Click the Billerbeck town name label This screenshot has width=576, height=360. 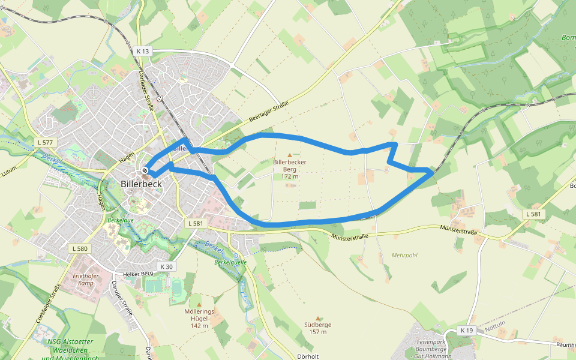(142, 184)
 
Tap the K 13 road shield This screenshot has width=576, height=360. (142, 52)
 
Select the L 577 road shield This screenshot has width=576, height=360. (45, 142)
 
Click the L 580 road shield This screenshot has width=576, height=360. (79, 248)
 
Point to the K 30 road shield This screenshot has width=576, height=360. (166, 266)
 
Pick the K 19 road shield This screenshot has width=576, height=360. (467, 331)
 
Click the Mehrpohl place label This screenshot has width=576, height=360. (404, 255)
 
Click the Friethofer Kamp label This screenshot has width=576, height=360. (85, 279)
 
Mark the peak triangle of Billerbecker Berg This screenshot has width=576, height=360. (290, 155)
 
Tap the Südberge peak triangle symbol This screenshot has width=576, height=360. (318, 318)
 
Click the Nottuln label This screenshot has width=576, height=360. (495, 328)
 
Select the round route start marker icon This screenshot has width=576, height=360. (145, 170)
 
